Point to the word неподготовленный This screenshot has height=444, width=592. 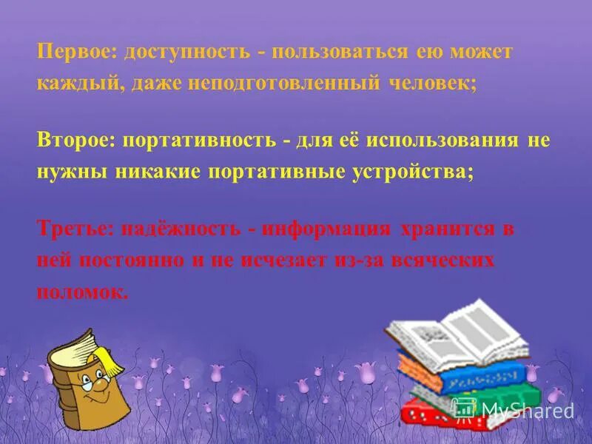pyautogui.click(x=286, y=84)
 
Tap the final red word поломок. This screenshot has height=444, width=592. pyautogui.click(x=82, y=292)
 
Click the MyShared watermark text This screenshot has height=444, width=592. pyautogui.click(x=527, y=409)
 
